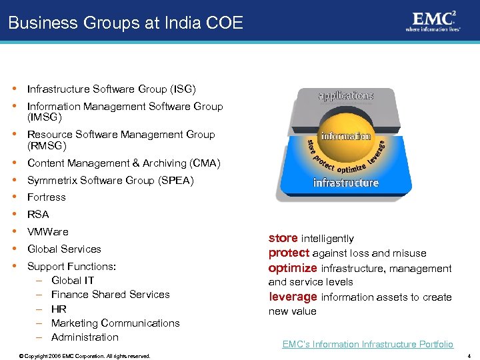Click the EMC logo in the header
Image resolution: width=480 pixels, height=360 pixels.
(x=433, y=21)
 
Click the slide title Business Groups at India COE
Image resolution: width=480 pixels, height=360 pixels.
(x=125, y=23)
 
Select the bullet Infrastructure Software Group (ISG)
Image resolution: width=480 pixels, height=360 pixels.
(x=111, y=89)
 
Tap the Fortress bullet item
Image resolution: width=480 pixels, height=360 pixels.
(x=46, y=197)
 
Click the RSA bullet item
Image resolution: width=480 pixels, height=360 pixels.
(x=39, y=215)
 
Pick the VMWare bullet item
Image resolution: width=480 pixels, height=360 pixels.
(x=47, y=232)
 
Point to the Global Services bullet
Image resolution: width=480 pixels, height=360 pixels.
(x=64, y=249)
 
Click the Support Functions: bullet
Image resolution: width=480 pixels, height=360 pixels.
(x=71, y=267)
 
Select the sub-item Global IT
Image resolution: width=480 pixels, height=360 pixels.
(x=73, y=281)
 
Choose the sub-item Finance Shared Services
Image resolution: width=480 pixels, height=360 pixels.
(x=110, y=295)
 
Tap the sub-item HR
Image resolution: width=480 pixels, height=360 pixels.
(x=59, y=309)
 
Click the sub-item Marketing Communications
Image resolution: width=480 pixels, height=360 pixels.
(x=115, y=323)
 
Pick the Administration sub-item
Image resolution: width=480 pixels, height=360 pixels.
(x=85, y=337)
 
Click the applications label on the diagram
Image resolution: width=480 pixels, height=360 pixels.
(x=345, y=96)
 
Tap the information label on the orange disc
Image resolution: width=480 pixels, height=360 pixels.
(x=346, y=136)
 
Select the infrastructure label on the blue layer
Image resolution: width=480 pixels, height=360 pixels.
(x=346, y=183)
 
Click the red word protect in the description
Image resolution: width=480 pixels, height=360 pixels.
(x=289, y=253)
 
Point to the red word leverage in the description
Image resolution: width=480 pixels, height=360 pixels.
(x=293, y=297)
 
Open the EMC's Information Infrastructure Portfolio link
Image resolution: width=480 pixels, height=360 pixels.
(x=367, y=345)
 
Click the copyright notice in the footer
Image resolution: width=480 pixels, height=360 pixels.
(x=85, y=356)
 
